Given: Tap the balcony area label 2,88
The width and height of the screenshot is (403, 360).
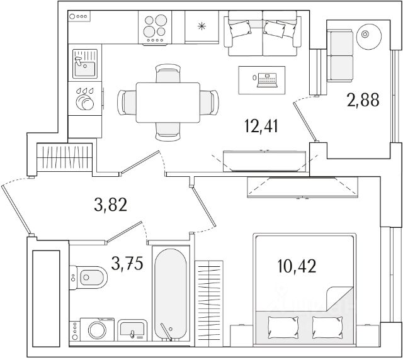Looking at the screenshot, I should (x=363, y=100).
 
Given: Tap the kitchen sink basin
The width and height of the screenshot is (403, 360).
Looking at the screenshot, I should (x=83, y=64).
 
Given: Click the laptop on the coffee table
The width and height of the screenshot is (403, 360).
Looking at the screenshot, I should (x=266, y=78).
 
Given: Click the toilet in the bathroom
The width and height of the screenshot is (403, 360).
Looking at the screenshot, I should (x=89, y=276).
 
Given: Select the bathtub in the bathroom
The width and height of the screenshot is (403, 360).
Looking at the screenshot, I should (x=170, y=296).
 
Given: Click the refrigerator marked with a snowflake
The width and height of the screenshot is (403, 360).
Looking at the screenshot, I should (x=201, y=27).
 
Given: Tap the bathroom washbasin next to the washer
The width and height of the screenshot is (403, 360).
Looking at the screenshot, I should (x=133, y=329).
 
